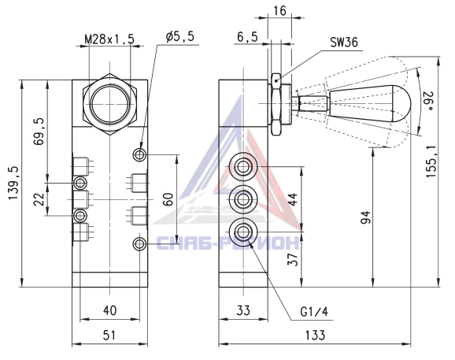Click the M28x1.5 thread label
coord(109,39)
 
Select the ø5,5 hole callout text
coord(180,37)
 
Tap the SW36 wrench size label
coord(344,43)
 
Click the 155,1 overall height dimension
coord(431,162)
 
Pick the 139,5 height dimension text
coord(13,184)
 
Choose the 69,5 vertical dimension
coord(39,132)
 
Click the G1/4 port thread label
coord(314,312)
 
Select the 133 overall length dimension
coord(315,335)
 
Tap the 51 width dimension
coord(109,335)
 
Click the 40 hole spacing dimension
coord(109,310)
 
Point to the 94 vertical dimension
coord(365,217)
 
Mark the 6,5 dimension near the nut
coord(247,37)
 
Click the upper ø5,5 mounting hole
coord(139,154)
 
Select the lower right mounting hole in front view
coord(139,244)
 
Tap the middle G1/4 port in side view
coord(243,199)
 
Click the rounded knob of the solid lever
coord(401,103)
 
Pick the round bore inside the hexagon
coord(109,103)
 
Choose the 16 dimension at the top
coord(279,11)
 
